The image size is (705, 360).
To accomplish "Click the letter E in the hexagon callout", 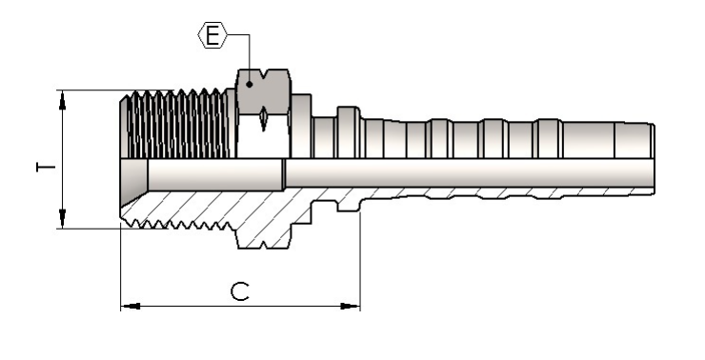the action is pyautogui.click(x=212, y=35).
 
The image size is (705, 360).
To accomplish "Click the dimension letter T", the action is pyautogui.click(x=46, y=168).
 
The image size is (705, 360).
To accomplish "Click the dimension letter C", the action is pyautogui.click(x=240, y=291).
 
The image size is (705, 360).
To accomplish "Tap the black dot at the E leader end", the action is pyautogui.click(x=249, y=84).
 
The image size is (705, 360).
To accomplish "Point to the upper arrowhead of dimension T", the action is pyautogui.click(x=62, y=100).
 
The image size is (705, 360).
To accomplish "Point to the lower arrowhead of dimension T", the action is pyautogui.click(x=62, y=219).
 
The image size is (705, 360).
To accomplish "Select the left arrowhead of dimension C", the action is pyautogui.click(x=131, y=306).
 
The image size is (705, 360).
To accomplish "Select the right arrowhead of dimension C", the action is pyautogui.click(x=351, y=306).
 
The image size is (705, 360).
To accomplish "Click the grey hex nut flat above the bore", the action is pyautogui.click(x=264, y=92).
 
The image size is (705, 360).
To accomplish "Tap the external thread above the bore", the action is pyautogui.click(x=177, y=124).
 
